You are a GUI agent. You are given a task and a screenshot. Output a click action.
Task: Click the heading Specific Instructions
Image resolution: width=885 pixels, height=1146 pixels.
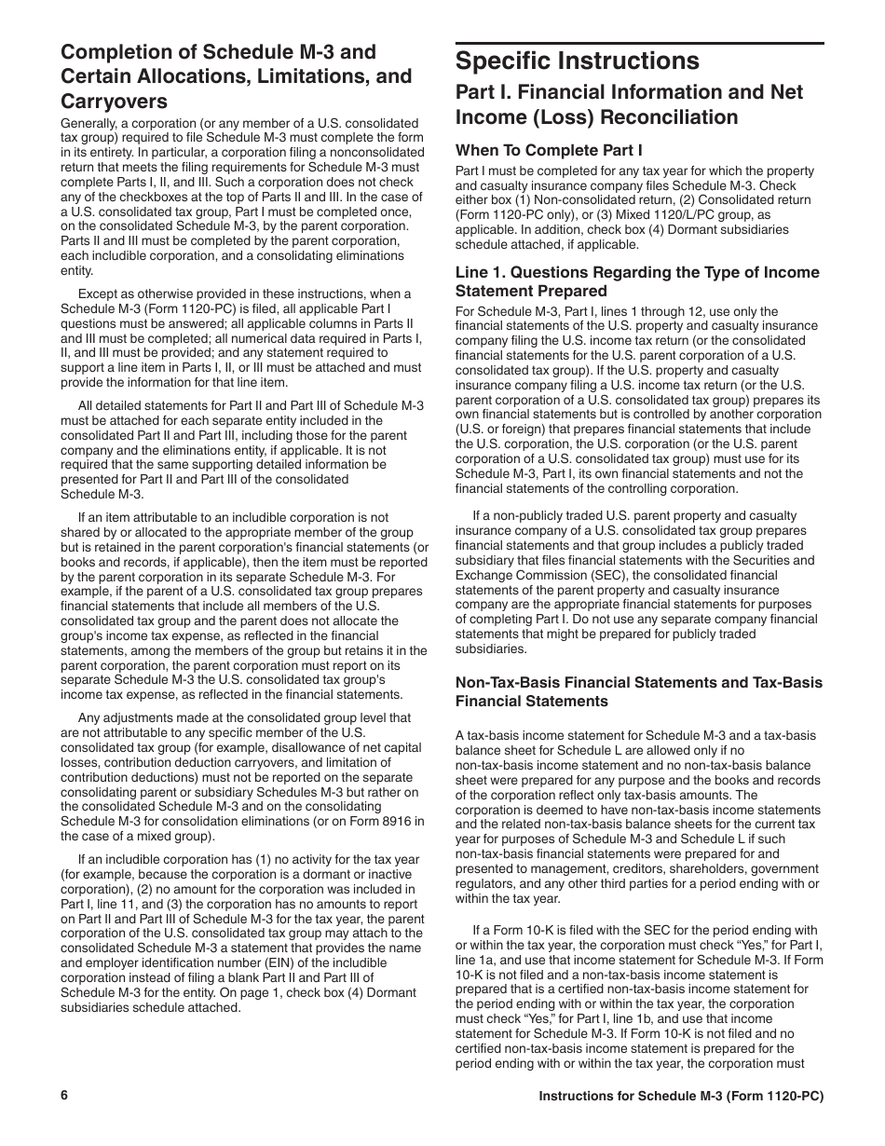[577, 61]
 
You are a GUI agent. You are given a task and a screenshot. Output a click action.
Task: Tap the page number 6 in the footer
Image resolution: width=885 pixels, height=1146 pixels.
[64, 1096]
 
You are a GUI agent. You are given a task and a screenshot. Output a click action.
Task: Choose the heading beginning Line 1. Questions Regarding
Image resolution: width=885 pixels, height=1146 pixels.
[637, 281]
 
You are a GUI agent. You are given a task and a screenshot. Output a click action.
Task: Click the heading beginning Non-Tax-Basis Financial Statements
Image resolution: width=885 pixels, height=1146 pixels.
[638, 691]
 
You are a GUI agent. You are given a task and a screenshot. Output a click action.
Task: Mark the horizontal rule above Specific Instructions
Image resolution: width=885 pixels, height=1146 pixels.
[639, 43]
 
